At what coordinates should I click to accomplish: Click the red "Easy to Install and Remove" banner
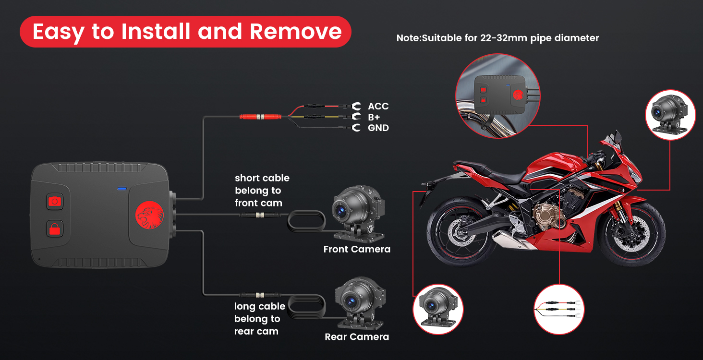185,32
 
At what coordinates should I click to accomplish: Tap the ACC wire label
378,106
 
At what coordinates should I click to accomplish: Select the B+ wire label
374,117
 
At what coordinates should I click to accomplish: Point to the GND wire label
378,128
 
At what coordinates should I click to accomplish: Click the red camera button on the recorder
55,201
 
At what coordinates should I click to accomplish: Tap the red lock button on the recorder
55,228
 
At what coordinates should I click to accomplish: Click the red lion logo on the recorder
149,215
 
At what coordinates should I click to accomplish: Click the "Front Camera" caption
357,249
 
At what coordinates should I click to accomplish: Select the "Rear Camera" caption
357,336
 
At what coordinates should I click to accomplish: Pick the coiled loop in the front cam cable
306,222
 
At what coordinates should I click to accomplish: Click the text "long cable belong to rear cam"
259,319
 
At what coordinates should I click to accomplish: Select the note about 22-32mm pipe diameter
497,38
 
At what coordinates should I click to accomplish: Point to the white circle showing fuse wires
558,309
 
